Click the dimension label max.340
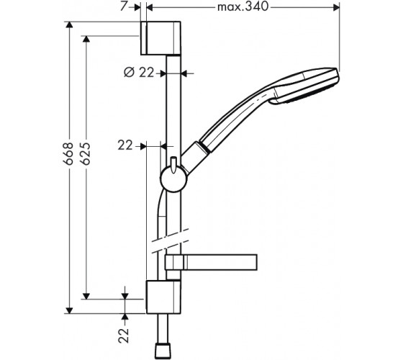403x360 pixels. click(x=243, y=7)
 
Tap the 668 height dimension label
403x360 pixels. click(x=68, y=153)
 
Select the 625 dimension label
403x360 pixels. click(x=86, y=153)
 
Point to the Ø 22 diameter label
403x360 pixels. click(x=139, y=73)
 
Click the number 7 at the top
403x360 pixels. click(x=124, y=6)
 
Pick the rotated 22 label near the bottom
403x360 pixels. click(x=124, y=335)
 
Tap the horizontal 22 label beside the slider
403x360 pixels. click(x=125, y=145)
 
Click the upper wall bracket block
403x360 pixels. click(x=160, y=38)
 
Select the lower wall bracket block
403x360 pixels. click(x=163, y=297)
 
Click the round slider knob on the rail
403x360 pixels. click(x=173, y=179)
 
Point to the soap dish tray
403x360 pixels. click(x=211, y=262)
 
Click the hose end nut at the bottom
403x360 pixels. click(x=163, y=351)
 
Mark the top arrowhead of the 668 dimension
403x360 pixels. click(x=68, y=25)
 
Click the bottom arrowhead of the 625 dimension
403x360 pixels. click(x=86, y=296)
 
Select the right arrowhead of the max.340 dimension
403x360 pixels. click(x=337, y=8)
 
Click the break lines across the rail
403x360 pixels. click(x=171, y=241)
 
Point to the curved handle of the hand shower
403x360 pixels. click(x=231, y=119)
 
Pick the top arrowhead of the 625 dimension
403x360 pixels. click(x=86, y=39)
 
